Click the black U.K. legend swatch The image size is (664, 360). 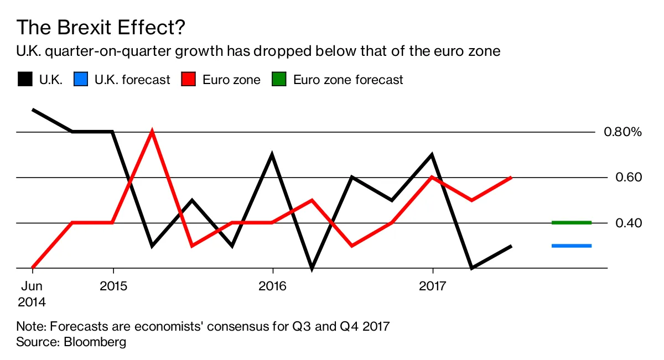click(x=24, y=79)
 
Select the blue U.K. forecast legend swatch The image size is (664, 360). click(x=80, y=79)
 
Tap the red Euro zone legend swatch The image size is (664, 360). click(x=188, y=79)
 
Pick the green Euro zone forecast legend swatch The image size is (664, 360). click(x=279, y=79)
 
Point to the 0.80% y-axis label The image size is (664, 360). click(x=622, y=132)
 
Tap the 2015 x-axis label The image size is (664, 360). click(x=113, y=286)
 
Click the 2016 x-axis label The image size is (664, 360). click(x=273, y=286)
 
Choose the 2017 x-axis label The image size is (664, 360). click(x=432, y=286)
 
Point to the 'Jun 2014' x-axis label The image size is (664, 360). click(x=31, y=294)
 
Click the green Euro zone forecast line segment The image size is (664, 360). click(x=572, y=223)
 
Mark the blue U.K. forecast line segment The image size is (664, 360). click(x=572, y=246)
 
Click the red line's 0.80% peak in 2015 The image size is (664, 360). click(x=152, y=132)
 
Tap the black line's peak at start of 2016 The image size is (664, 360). click(x=272, y=155)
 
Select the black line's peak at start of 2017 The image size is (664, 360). click(x=432, y=155)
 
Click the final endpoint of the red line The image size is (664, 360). click(x=511, y=178)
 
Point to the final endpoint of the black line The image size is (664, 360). click(x=511, y=246)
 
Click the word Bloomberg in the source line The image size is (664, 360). click(x=95, y=342)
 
